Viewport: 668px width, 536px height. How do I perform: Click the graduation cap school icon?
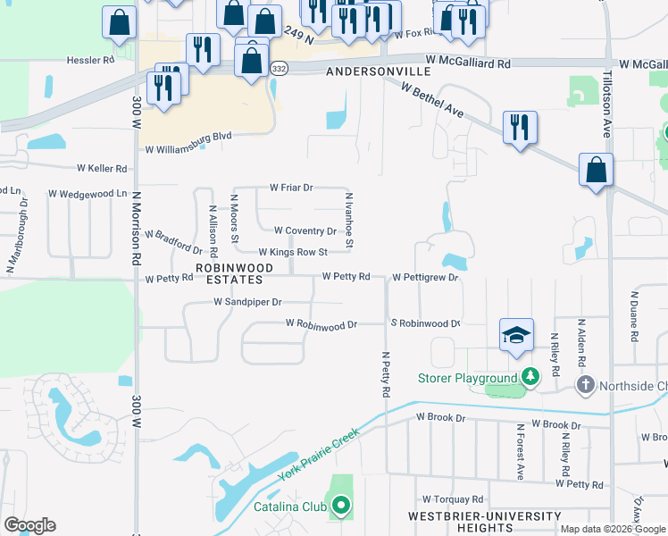point(516,336)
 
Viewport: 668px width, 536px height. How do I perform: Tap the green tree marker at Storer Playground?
point(531,377)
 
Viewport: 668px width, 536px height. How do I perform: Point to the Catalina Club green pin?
point(340,507)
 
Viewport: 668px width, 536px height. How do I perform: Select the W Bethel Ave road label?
point(433,100)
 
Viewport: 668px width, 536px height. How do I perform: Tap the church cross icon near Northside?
point(585,385)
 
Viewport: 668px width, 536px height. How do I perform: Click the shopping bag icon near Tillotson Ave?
point(596,170)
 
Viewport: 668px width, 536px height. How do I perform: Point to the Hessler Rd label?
point(91,61)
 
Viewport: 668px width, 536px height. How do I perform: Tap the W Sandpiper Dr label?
point(247,302)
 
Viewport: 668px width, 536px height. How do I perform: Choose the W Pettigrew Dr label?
point(424,278)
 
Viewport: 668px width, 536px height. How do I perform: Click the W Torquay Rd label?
point(453,499)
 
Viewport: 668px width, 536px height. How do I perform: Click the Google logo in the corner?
point(29,525)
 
